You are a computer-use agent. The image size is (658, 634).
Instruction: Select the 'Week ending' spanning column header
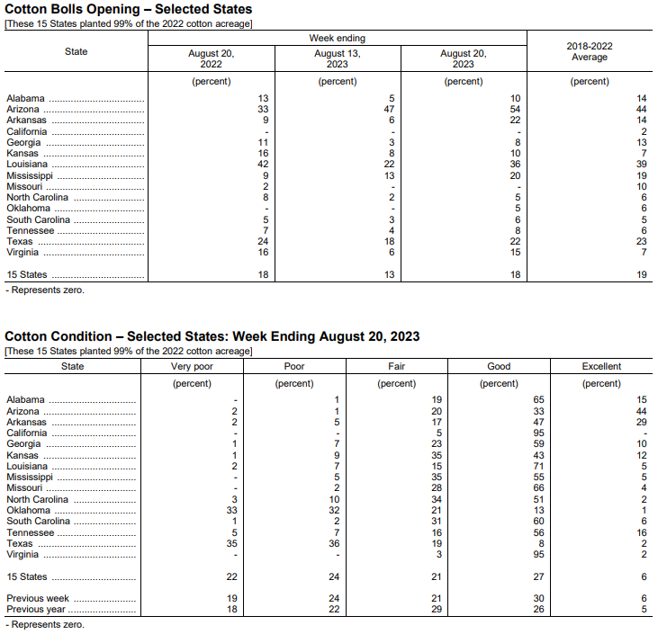coord(337,39)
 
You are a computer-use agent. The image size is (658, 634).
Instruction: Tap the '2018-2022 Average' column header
coord(590,51)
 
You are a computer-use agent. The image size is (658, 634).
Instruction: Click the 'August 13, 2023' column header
coord(337,58)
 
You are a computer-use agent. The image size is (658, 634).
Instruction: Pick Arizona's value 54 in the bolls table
coord(515,109)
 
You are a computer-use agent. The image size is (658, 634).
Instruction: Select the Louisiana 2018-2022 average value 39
coord(641,165)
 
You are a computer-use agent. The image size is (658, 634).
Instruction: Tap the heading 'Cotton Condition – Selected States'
coord(212,336)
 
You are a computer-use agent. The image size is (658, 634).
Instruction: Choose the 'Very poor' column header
coord(193,367)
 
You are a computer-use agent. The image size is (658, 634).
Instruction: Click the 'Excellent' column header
coord(600,367)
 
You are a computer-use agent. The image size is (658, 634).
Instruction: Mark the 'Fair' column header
coord(397,367)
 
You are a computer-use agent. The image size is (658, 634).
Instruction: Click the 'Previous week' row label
coord(38,599)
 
